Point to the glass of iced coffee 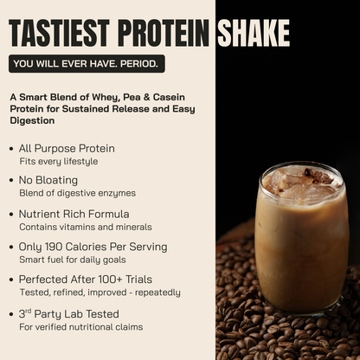tap(301, 238)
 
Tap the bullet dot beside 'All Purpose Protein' tap(10, 149)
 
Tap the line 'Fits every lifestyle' tap(59, 161)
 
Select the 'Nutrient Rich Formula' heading tap(74, 214)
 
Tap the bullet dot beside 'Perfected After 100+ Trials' tap(10, 280)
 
